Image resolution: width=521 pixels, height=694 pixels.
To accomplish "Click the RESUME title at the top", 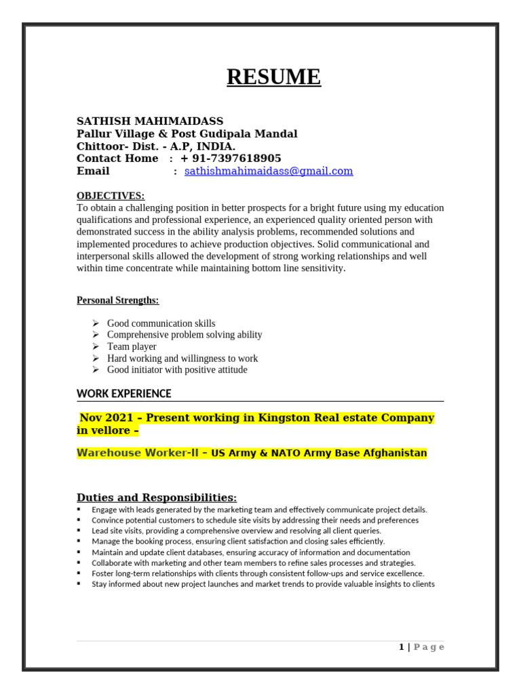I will point(273,77).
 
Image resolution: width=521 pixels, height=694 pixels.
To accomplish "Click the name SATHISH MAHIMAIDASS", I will point(150,121).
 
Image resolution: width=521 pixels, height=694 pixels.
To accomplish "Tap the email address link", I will point(269,171).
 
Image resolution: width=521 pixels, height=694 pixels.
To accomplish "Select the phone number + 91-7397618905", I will point(231,159).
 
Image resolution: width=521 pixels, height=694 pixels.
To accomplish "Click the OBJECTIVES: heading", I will point(110,196).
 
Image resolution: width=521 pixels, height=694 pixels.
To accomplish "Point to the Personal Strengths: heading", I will point(117,300).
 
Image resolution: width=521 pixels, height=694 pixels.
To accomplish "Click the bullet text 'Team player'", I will point(132,346).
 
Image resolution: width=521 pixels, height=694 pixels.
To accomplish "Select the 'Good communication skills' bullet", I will point(161,323).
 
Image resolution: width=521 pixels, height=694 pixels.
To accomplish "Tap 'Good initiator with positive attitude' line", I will point(177,369).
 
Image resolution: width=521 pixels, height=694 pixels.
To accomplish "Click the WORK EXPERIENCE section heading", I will point(124,394).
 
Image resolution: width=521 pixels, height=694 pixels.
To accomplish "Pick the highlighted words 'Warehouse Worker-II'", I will point(138,453).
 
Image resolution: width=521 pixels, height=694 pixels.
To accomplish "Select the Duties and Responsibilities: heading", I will point(157,497).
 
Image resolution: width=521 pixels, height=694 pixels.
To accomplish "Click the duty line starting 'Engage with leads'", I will point(259,510).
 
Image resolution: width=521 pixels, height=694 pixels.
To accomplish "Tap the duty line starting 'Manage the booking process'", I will point(237,542).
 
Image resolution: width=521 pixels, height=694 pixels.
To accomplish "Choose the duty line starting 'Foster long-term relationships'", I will point(258,573).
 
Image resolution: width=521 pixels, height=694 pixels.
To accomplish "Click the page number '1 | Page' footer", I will point(421,647).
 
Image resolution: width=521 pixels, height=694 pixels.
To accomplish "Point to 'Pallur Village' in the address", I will point(115,134).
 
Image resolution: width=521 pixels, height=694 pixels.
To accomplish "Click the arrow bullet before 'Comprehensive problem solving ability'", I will point(96,335).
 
